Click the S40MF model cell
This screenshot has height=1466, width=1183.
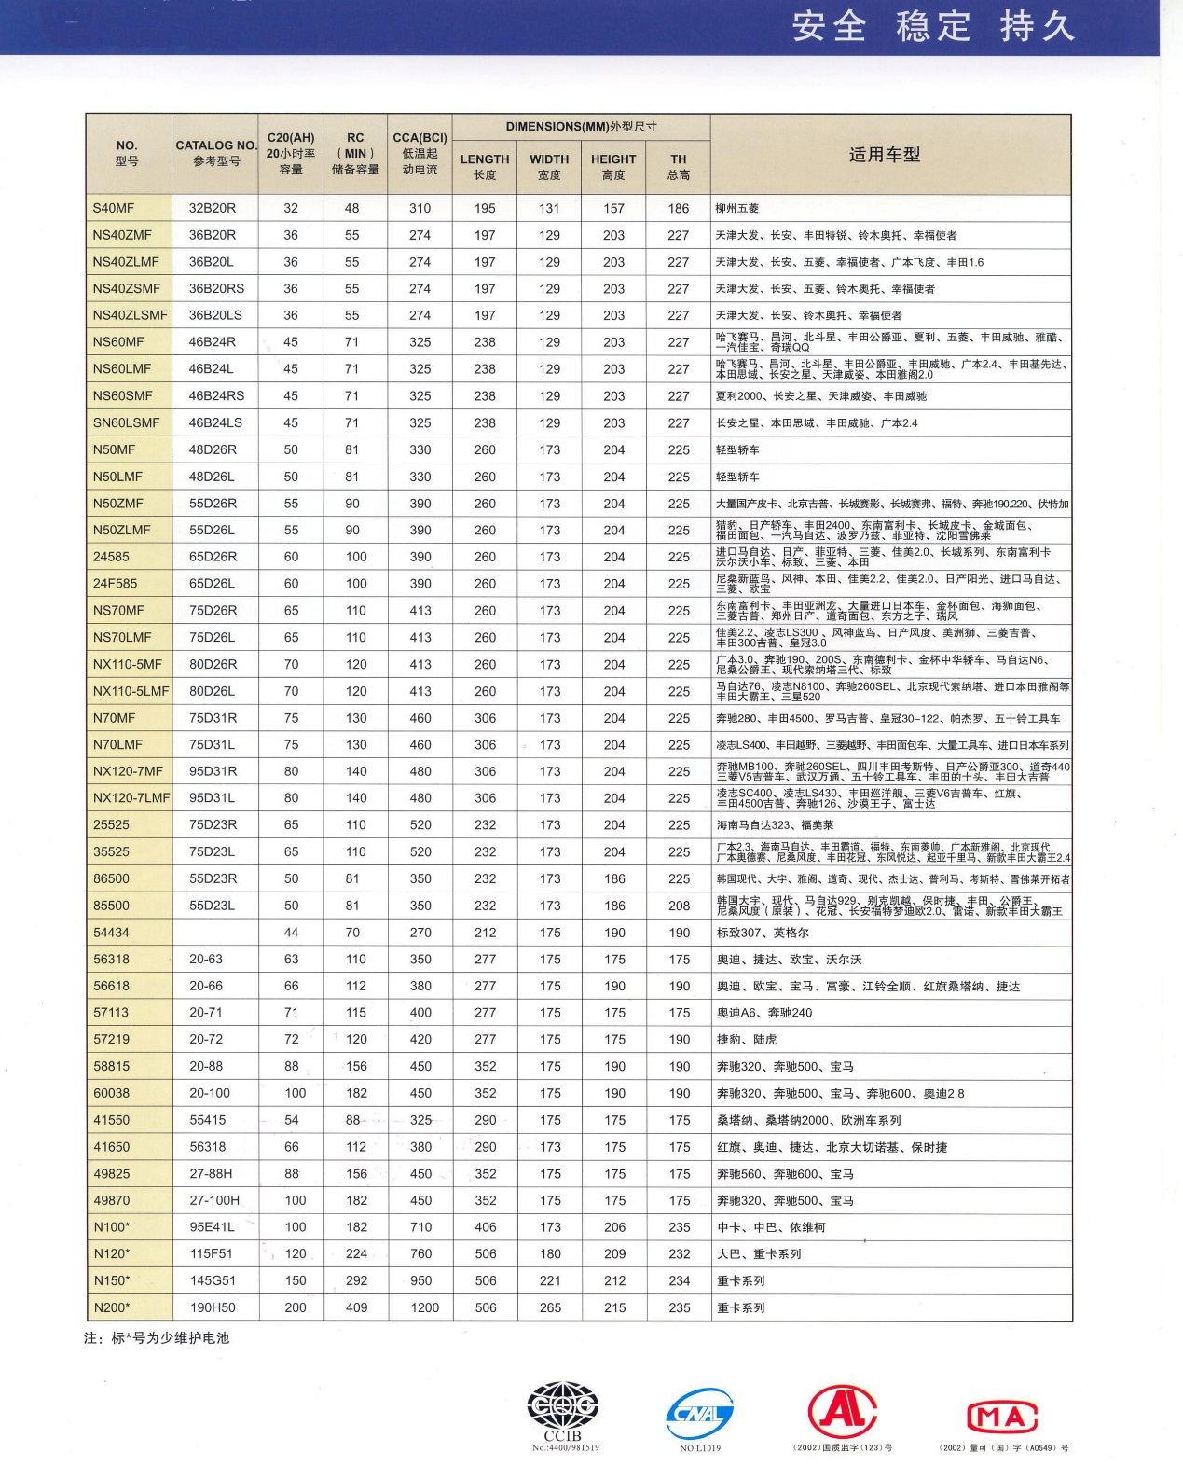point(114,208)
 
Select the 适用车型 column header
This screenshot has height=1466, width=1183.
point(884,155)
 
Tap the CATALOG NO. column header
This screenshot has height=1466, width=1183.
point(215,153)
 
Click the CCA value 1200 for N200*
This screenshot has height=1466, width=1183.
point(424,1307)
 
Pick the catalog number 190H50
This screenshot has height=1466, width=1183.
point(213,1307)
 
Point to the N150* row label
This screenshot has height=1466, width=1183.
point(112,1280)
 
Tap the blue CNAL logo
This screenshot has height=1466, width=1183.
point(700,1414)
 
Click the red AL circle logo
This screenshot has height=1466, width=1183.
point(843,1410)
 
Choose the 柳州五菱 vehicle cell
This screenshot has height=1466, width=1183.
point(737,209)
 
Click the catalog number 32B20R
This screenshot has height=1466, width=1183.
point(213,208)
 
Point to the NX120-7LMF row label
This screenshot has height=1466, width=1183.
point(131,798)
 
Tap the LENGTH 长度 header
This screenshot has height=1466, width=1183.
point(485,166)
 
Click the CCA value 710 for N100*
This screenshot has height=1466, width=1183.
point(420,1227)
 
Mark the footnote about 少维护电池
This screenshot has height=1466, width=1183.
point(157,1337)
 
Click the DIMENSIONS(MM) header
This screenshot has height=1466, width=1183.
point(581,127)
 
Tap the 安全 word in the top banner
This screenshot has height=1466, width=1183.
point(829,26)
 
